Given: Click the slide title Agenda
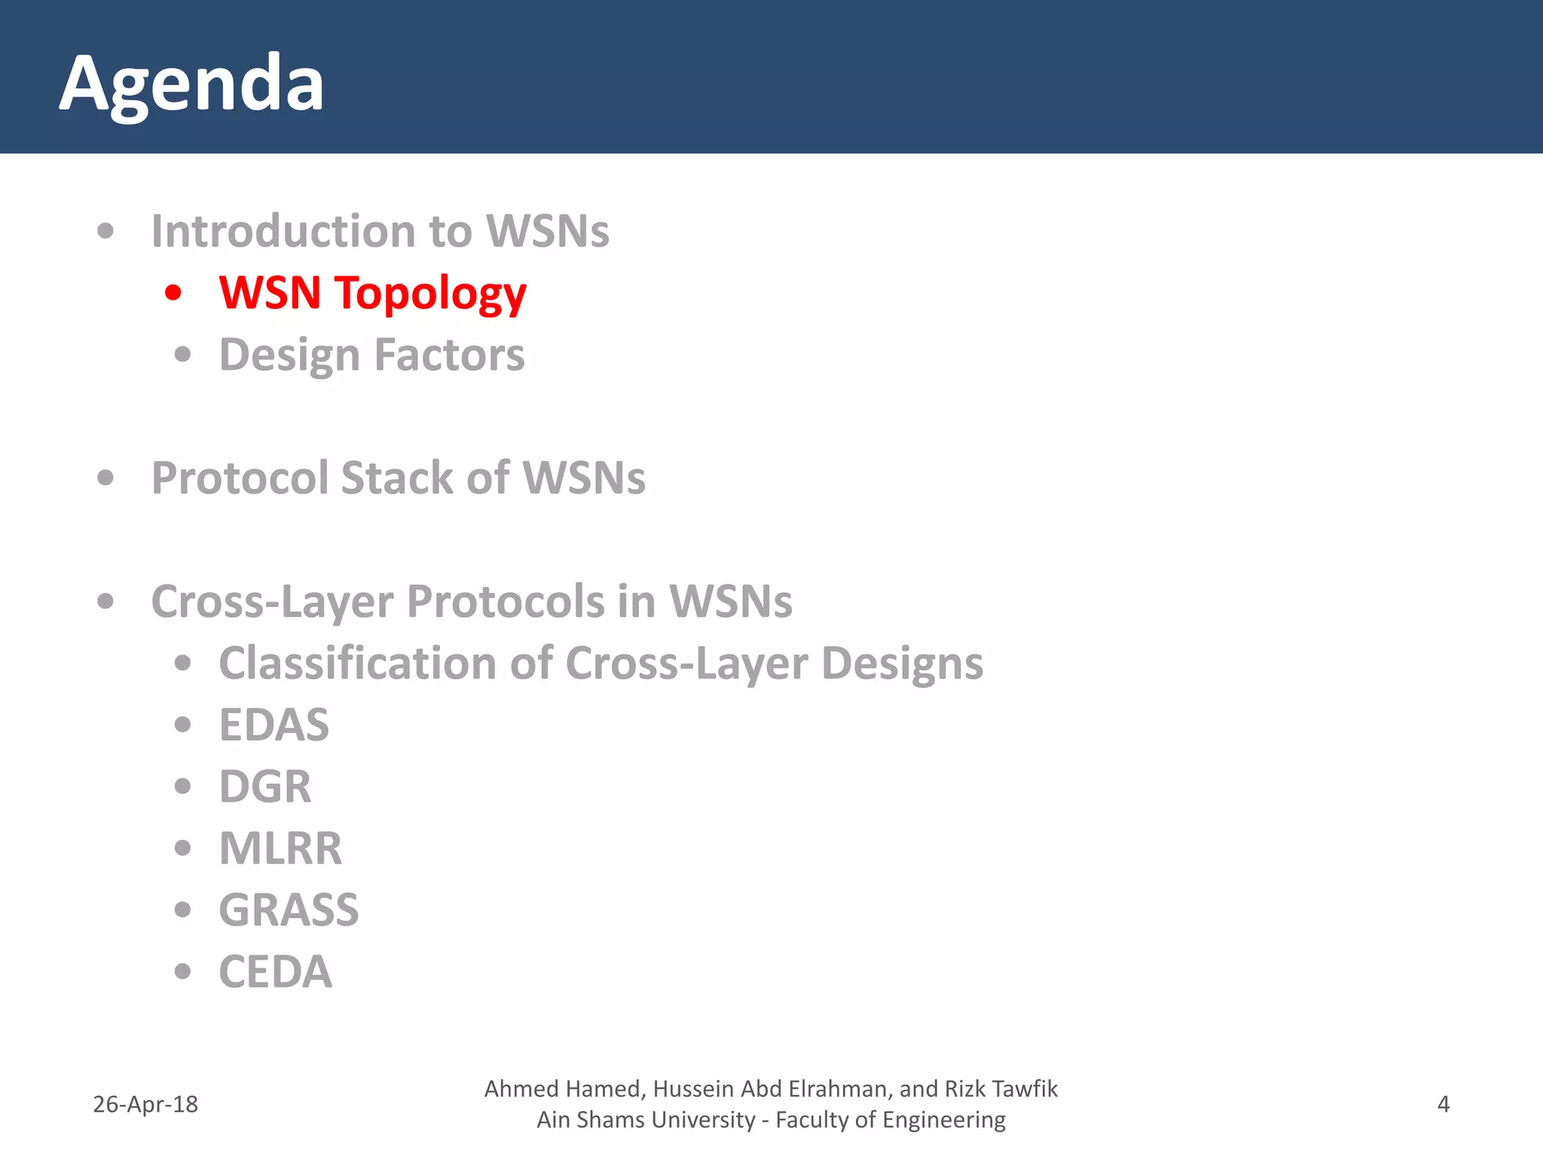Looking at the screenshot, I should [x=191, y=84].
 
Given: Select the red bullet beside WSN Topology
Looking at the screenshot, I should [x=173, y=292].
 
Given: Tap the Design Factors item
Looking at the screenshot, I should [x=371, y=354].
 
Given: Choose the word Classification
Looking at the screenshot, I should [x=358, y=663].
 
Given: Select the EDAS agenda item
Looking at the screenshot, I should [x=273, y=725].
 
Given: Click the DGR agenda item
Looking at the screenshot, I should [x=264, y=786].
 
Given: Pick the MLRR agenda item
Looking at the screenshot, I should [x=280, y=848].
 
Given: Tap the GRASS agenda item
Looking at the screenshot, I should [x=289, y=910].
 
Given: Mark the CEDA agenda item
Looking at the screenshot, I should [x=275, y=972].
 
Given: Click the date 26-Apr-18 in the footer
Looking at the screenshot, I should [x=145, y=1104].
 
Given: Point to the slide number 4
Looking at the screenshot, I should [x=1443, y=1104].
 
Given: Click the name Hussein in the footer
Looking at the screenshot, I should [x=697, y=1089].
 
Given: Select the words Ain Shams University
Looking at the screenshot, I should [x=646, y=1120].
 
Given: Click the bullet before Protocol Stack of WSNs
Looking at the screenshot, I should [x=105, y=478].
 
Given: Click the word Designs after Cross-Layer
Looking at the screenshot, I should [x=902, y=663].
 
